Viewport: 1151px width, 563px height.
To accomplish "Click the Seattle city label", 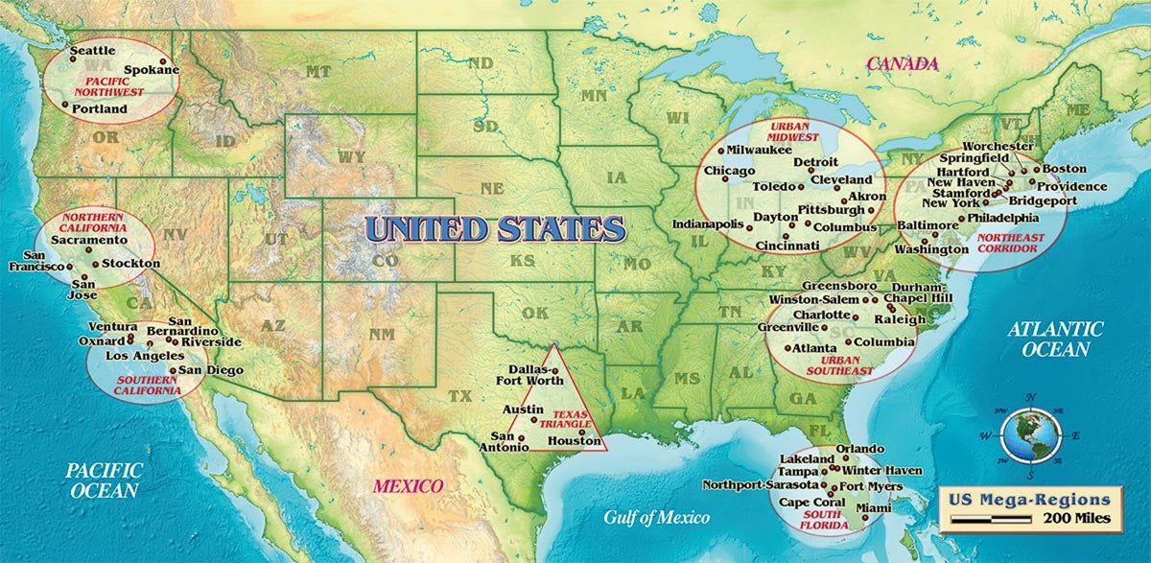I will [93, 50].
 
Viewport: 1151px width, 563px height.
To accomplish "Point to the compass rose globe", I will [1030, 435].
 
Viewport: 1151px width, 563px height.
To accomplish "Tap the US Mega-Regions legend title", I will [1029, 500].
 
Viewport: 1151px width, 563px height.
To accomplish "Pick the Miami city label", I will [874, 507].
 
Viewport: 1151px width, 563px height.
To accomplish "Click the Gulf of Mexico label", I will [656, 518].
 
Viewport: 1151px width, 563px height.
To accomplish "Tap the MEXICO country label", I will [408, 485].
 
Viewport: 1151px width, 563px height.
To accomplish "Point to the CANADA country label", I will [902, 64].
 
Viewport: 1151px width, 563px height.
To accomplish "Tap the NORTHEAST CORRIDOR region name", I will [1007, 240].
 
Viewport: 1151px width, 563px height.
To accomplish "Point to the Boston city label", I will [1065, 170].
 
